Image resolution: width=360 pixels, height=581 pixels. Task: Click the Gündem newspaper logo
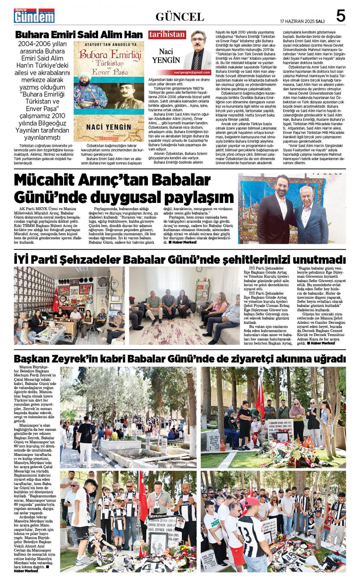34,16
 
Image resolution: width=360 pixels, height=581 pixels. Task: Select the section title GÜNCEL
180,17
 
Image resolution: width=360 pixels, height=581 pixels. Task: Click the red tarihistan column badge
167,35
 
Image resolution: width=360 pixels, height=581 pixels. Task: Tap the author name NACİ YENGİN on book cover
108,127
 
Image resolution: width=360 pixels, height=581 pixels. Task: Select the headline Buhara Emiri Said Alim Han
79,35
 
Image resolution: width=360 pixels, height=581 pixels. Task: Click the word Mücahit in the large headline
49,180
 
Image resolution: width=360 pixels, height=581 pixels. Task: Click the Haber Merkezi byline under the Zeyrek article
26,571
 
